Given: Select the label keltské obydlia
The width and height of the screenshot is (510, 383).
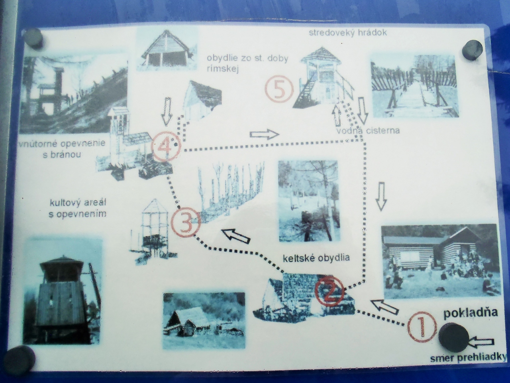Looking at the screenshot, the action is coord(316,258).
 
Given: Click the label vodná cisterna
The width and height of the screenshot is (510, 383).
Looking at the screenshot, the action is coord(368,130).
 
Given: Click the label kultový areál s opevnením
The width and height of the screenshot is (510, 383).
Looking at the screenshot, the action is coord(78,208).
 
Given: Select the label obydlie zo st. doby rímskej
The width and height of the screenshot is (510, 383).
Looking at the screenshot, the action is coord(247,63).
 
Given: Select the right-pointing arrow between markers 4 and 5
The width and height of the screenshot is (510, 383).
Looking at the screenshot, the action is coord(264,134).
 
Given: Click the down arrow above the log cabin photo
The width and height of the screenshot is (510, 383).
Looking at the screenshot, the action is coord(382,197).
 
